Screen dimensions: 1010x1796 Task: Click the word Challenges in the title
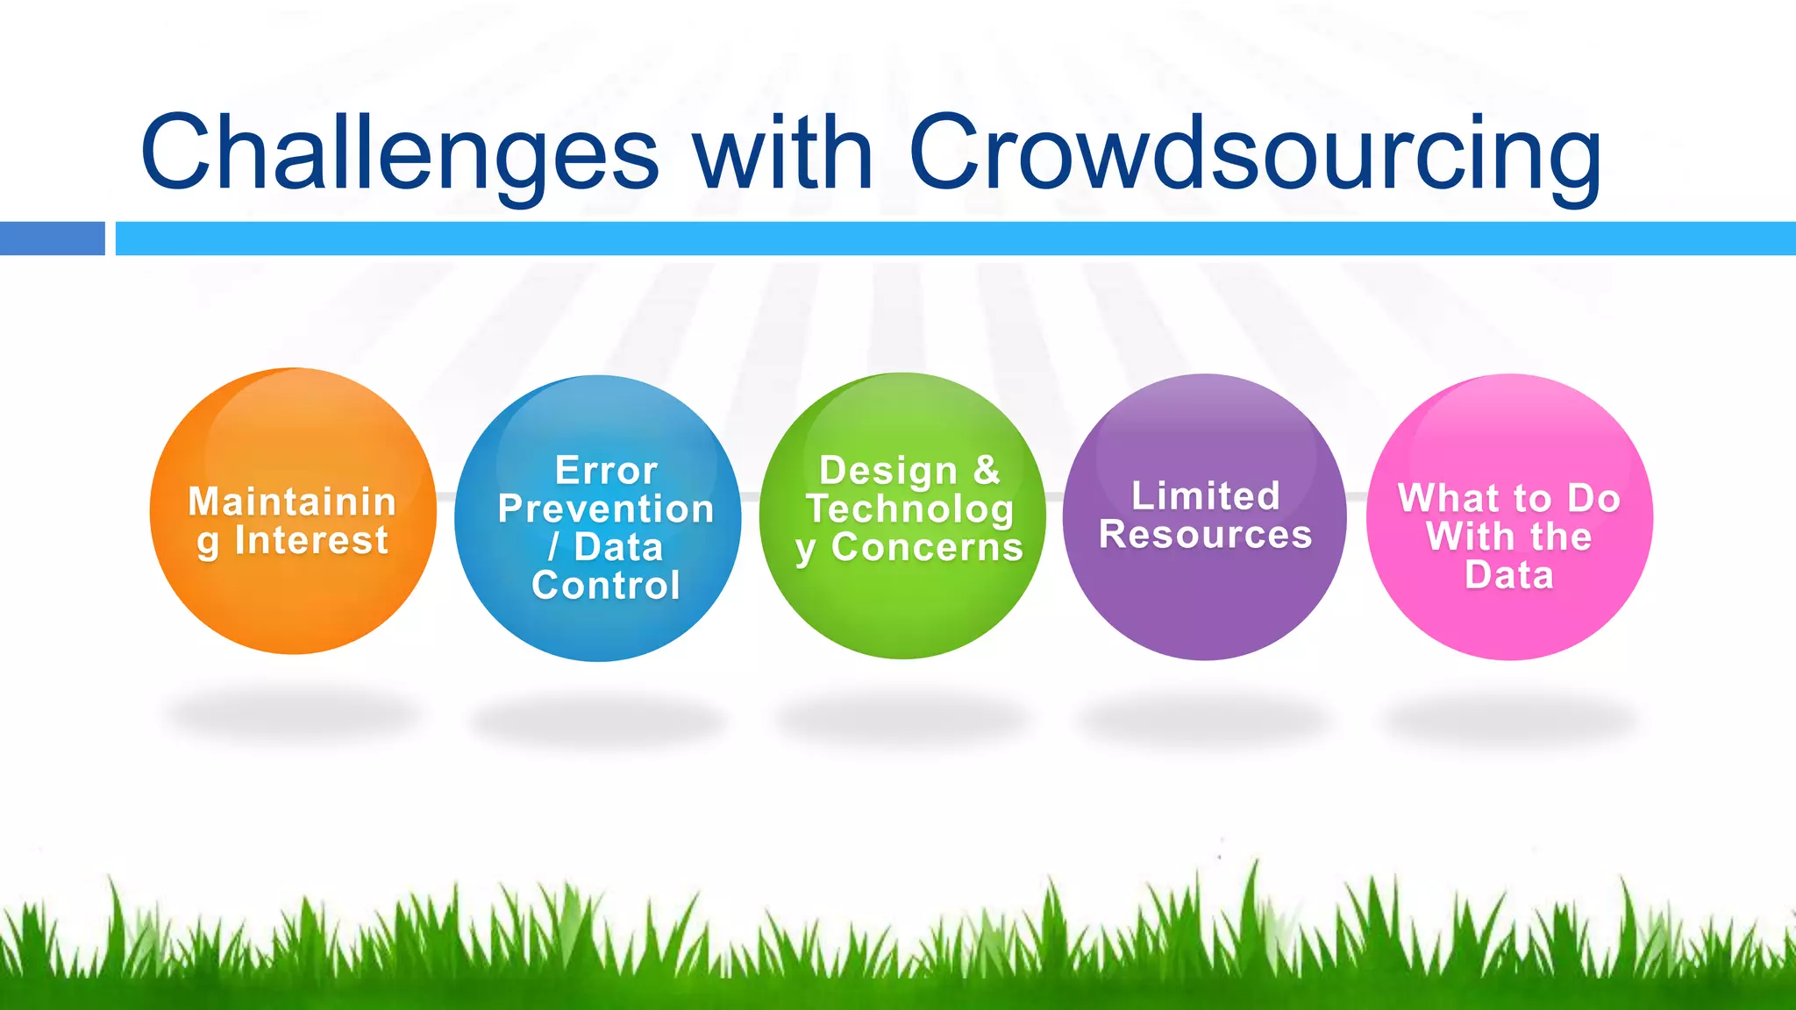point(399,154)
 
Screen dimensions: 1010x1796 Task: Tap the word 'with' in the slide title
point(783,153)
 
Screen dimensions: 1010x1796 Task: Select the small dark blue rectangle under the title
point(52,238)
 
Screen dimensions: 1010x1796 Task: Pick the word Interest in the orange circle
point(311,540)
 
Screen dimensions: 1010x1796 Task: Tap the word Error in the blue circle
point(606,471)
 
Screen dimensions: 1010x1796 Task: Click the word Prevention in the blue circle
point(606,509)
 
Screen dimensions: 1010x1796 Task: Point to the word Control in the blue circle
point(606,586)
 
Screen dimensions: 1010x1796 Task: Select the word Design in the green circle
point(887,471)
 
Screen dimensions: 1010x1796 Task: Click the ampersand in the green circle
point(987,470)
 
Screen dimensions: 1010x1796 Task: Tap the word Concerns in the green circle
point(927,548)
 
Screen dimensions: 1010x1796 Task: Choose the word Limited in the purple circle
point(1206,496)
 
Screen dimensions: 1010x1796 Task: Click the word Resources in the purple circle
point(1206,535)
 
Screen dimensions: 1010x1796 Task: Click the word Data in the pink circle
point(1509,576)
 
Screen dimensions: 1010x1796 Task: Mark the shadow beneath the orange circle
point(293,715)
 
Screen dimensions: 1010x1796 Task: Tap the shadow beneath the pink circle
point(1509,719)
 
